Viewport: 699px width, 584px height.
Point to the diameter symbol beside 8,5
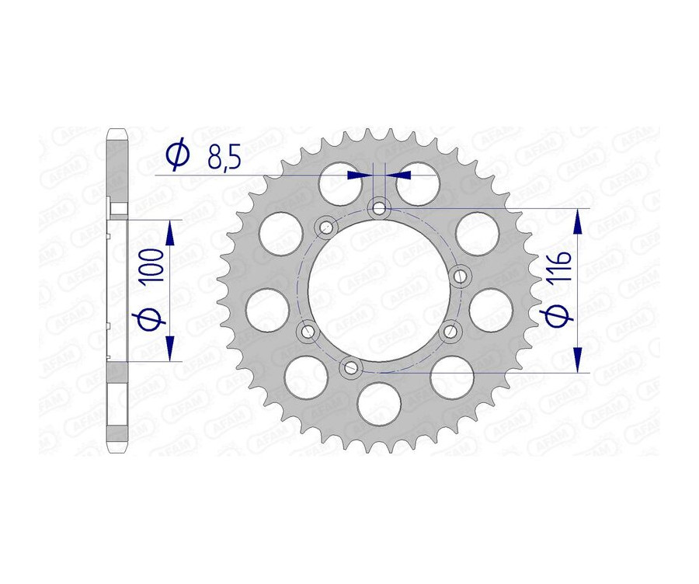coord(178,155)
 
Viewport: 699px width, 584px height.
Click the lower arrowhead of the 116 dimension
coord(577,359)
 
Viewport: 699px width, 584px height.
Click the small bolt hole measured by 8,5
coord(380,207)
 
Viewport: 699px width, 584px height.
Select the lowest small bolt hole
coord(350,367)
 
